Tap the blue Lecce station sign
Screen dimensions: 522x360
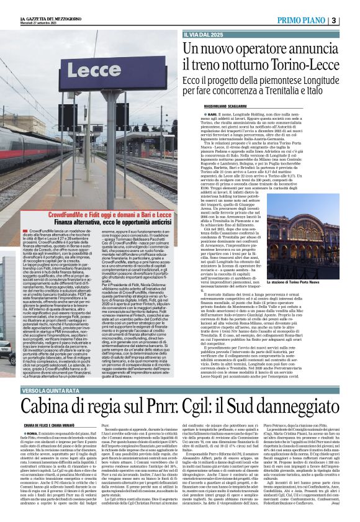75,69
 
